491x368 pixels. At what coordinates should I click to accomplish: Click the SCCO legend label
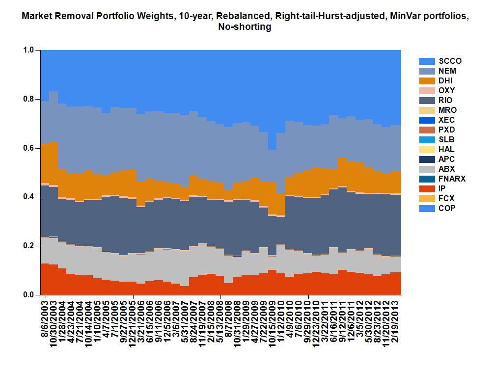tap(450, 61)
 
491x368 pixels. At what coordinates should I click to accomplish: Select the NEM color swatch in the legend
tap(427, 71)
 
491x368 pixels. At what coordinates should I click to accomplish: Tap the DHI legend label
tap(446, 81)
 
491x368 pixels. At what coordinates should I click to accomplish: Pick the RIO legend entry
tap(446, 101)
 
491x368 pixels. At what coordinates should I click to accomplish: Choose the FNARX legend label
tap(452, 179)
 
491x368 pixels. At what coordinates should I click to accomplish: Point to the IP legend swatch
tap(427, 189)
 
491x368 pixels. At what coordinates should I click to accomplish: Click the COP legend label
tap(447, 209)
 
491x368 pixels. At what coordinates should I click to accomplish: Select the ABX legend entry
tap(446, 169)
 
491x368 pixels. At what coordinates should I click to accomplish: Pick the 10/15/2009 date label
tap(273, 324)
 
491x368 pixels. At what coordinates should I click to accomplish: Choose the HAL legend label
tap(446, 150)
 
